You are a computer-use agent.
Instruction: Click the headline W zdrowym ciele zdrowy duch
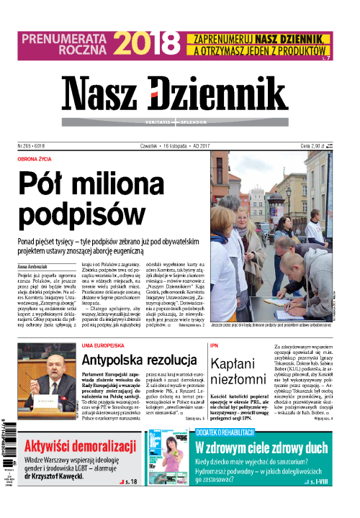pos(261,447)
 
